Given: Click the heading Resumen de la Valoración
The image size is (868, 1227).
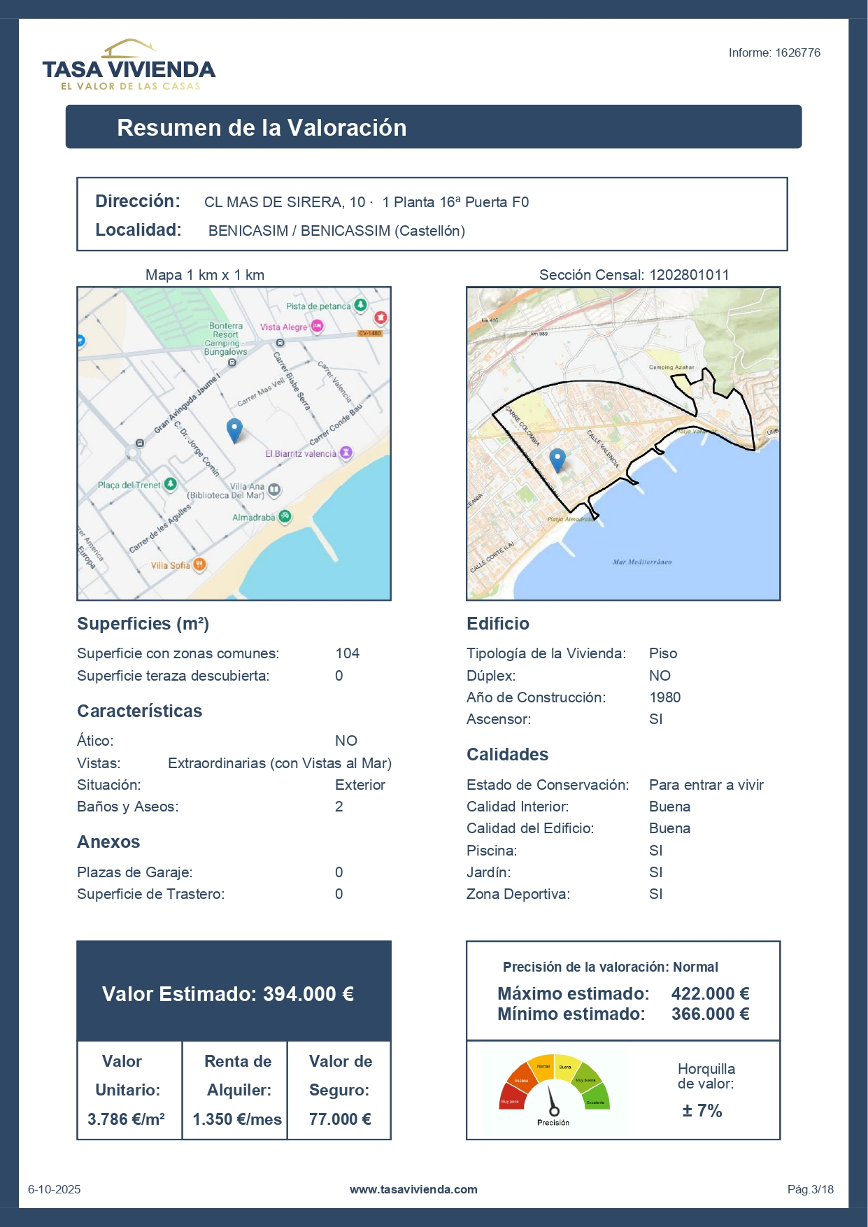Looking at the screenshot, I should click(x=262, y=127).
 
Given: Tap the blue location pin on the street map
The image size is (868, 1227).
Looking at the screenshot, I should click(x=234, y=429).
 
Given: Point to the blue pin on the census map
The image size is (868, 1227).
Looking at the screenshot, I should click(x=557, y=460).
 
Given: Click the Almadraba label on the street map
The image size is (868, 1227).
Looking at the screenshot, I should click(x=254, y=518).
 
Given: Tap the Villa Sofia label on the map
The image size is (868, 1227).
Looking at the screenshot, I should click(x=171, y=565).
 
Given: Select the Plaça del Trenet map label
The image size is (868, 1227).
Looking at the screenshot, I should click(x=129, y=485).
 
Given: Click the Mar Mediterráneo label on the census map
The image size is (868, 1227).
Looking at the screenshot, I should click(x=642, y=562).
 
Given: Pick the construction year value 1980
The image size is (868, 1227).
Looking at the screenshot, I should click(x=664, y=697).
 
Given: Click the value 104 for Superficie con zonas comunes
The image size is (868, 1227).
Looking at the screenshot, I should click(x=347, y=653).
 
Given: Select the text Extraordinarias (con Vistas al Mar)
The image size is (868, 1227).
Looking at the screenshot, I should click(x=280, y=763).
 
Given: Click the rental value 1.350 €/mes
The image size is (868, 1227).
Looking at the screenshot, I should click(x=237, y=1119).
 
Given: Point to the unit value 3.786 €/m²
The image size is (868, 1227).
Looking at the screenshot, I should click(x=127, y=1119).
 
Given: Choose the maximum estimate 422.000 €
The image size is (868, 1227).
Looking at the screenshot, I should click(x=710, y=993).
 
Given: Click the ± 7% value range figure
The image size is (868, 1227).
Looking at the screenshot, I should click(x=702, y=1111).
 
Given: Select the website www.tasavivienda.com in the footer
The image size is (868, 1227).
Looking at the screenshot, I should click(x=413, y=1189).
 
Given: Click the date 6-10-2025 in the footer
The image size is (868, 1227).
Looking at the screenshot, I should click(x=55, y=1189).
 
